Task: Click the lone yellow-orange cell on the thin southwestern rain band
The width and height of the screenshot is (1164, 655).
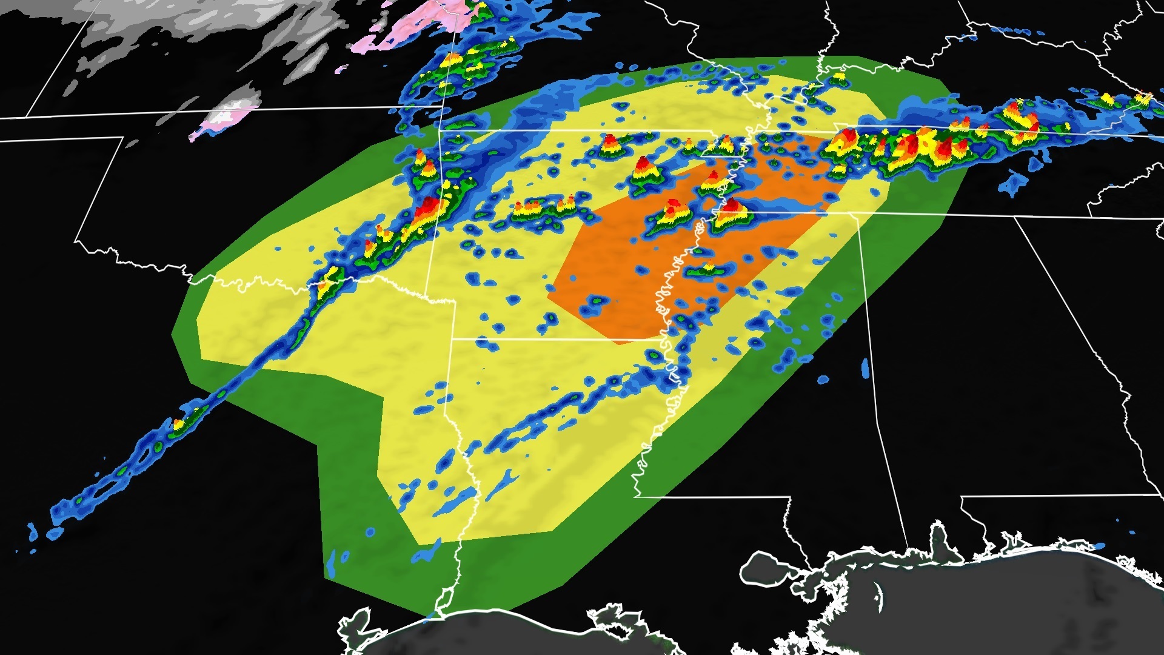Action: pos(179,424)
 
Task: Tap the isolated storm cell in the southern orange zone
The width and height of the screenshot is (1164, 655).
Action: pos(707,269)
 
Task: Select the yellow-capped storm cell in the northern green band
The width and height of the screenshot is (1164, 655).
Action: pos(839,78)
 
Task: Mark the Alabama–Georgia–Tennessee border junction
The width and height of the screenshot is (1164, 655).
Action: pos(1015,217)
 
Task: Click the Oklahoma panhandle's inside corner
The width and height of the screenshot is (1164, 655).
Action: pos(124,138)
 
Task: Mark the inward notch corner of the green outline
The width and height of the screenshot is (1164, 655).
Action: pos(319,446)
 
